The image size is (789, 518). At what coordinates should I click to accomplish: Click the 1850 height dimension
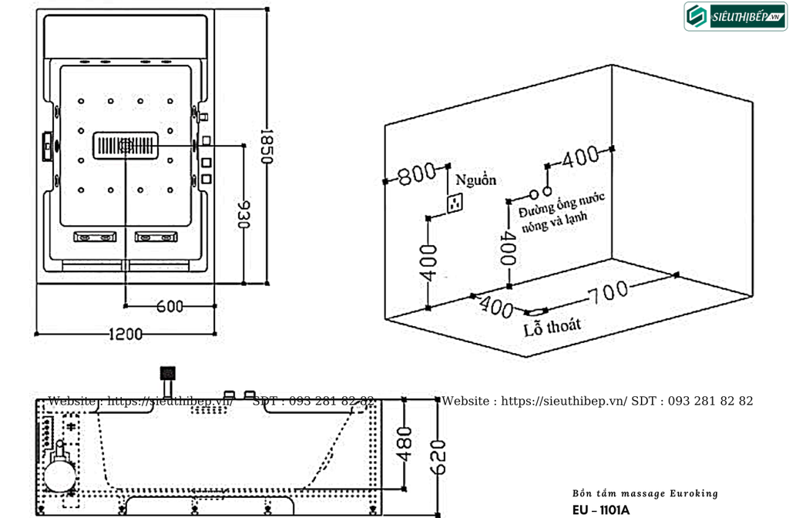pyautogui.click(x=267, y=146)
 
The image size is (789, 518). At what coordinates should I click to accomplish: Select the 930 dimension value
pyautogui.click(x=243, y=214)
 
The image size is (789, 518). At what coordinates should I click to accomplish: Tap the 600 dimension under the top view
pyautogui.click(x=170, y=306)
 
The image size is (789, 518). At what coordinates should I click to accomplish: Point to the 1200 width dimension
pyautogui.click(x=126, y=334)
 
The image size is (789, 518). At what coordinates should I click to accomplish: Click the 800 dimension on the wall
pyautogui.click(x=417, y=174)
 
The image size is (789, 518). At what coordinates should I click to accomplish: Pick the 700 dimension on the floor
pyautogui.click(x=609, y=292)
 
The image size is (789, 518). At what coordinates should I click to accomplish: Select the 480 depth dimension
pyautogui.click(x=405, y=445)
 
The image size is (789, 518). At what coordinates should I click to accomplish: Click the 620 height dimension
pyautogui.click(x=438, y=457)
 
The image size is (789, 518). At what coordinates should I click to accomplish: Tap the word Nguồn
pyautogui.click(x=475, y=180)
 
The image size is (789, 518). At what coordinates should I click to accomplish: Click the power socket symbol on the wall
pyautogui.click(x=455, y=203)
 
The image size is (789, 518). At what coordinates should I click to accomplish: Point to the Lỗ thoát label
pyautogui.click(x=552, y=327)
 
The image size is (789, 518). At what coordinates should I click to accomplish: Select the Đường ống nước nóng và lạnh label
pyautogui.click(x=561, y=212)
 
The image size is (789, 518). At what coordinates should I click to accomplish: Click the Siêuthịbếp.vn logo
pyautogui.click(x=735, y=17)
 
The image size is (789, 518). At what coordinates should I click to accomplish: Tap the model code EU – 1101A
pyautogui.click(x=601, y=510)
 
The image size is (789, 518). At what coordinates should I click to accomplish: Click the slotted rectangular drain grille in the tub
pyautogui.click(x=126, y=146)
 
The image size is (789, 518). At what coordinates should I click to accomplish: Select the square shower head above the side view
pyautogui.click(x=167, y=374)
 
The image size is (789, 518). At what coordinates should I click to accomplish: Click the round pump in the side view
pyautogui.click(x=59, y=476)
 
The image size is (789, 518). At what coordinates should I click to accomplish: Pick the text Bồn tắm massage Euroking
pyautogui.click(x=645, y=493)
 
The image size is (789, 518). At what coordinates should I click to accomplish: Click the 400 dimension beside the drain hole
pyautogui.click(x=496, y=307)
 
